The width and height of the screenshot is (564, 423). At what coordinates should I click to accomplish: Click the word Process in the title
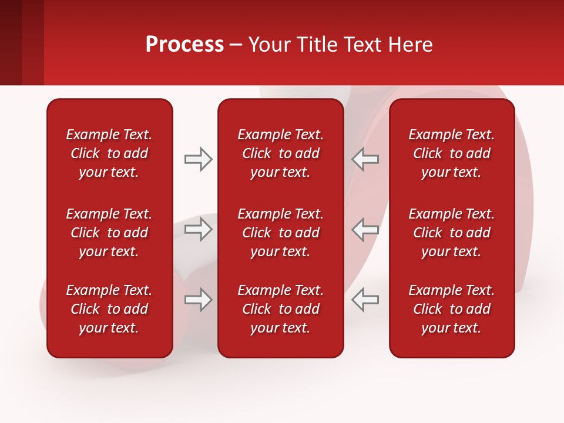click(x=184, y=45)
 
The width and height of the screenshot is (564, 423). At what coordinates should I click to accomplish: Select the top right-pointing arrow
click(x=198, y=159)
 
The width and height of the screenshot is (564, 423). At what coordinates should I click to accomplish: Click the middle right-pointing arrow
click(x=198, y=229)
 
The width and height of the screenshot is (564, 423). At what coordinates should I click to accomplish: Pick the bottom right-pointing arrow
click(x=198, y=300)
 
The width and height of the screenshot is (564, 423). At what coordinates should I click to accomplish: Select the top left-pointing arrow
click(x=365, y=159)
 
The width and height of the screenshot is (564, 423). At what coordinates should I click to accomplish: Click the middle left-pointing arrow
click(x=365, y=229)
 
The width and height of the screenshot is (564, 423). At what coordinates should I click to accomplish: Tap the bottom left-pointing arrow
click(x=365, y=300)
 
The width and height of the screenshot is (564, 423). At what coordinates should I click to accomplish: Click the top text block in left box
click(x=109, y=153)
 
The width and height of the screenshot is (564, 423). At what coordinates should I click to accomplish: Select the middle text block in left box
click(x=109, y=233)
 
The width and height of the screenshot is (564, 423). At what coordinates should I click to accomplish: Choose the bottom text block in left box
click(x=109, y=309)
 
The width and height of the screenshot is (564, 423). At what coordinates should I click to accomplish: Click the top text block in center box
click(x=280, y=153)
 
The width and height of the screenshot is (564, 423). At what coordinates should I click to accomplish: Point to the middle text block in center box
click(x=280, y=233)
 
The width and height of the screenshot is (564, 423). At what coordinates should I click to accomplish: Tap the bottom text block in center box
click(x=280, y=309)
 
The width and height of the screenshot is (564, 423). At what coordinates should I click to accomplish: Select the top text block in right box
click(x=451, y=153)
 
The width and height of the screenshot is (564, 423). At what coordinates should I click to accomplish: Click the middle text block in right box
click(x=451, y=233)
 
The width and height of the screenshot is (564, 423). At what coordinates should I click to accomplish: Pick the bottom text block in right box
click(x=451, y=309)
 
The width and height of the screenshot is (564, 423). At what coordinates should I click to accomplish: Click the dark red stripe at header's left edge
click(x=11, y=42)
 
